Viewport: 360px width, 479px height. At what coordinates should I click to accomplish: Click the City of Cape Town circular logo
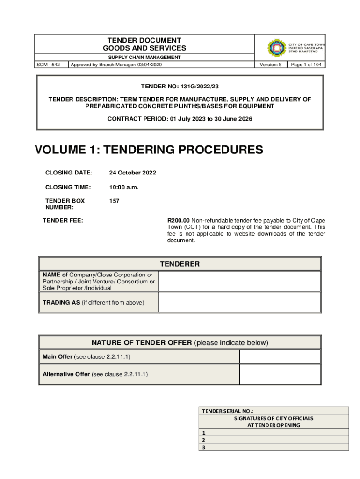coord(277,48)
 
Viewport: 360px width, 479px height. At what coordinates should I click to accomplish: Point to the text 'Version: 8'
coord(271,65)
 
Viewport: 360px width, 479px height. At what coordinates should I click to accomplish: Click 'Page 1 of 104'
coord(306,65)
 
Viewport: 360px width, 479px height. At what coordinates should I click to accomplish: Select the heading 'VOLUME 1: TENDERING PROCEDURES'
coord(149,150)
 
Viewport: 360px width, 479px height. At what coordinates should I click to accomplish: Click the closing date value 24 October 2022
coord(133,173)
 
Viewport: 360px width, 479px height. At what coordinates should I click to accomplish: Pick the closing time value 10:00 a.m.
coord(124,187)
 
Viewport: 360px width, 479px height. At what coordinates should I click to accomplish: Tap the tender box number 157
coord(115,201)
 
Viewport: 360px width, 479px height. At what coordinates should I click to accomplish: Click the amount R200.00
coord(179,220)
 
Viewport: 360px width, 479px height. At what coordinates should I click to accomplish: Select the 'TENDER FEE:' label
coord(63,220)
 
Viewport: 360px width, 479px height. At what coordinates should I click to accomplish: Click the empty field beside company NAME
coord(239,281)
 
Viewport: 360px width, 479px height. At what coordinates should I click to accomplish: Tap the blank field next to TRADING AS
coord(239,302)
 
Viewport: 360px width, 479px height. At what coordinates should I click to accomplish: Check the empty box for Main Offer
coord(280,357)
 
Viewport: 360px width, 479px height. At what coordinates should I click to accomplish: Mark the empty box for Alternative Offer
coord(280,374)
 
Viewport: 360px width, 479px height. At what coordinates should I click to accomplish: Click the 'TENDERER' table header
coord(180,264)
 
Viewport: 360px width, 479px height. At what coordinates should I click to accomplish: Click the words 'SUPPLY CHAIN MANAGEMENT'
coord(144,57)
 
